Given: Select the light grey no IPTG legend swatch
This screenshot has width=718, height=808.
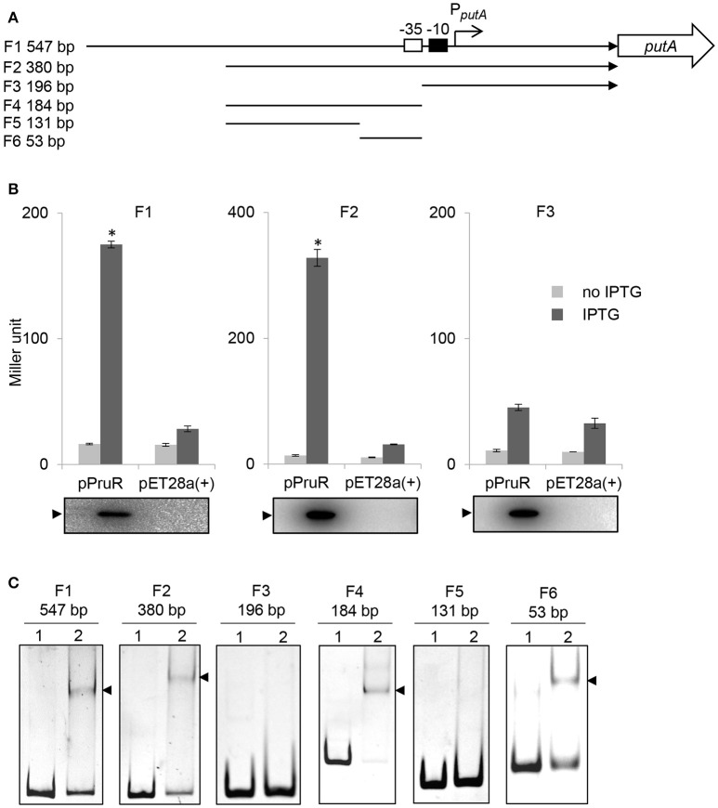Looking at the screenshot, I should point(556,292).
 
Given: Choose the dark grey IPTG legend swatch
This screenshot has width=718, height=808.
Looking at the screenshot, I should point(556,315).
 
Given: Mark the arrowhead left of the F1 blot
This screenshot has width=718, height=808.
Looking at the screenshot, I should point(56,514).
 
